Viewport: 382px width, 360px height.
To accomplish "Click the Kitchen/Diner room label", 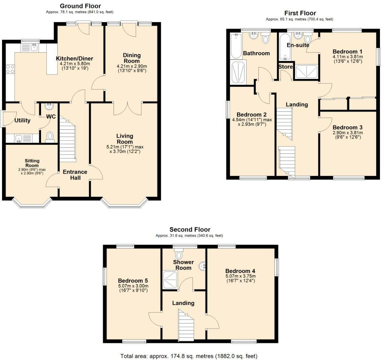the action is [75, 58].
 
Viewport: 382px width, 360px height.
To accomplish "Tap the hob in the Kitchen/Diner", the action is [10, 69].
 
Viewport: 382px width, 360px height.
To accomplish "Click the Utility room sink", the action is [18, 139].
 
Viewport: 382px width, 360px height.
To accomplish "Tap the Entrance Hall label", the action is [75, 175].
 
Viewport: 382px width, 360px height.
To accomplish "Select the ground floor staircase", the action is [68, 140].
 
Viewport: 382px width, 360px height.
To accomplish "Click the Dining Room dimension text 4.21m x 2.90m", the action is [132, 66].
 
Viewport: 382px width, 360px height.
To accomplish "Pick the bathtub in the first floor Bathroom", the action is [236, 46].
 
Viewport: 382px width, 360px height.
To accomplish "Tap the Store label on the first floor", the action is [286, 67].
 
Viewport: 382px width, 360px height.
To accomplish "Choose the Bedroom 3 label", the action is [347, 127].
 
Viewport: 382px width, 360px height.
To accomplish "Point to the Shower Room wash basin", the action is [203, 266].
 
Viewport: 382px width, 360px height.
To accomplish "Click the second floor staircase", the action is [186, 324].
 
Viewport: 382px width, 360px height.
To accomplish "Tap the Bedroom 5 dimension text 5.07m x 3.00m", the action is [133, 286].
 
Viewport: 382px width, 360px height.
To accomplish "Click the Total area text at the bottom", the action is [189, 356].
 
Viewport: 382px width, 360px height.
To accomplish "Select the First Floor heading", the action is [300, 13].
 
